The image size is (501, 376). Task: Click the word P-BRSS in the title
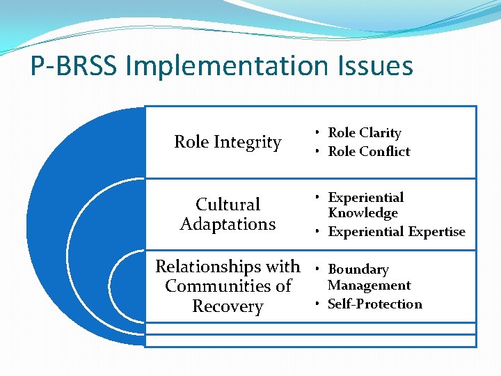click(x=73, y=67)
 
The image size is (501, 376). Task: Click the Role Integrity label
click(x=228, y=143)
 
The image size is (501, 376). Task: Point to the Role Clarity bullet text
click(x=365, y=132)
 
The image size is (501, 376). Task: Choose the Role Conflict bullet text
click(x=369, y=151)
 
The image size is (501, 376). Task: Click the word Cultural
click(x=228, y=205)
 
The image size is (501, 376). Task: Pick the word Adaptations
click(x=228, y=224)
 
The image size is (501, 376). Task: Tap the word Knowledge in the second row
click(x=363, y=213)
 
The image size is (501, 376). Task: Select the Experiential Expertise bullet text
click(x=397, y=232)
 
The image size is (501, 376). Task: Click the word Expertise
click(x=434, y=232)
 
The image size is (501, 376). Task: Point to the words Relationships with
click(x=228, y=267)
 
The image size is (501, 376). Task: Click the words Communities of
click(x=228, y=286)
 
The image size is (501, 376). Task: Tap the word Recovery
click(x=228, y=307)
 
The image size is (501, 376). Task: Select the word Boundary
click(x=358, y=269)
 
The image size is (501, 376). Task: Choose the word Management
click(x=369, y=285)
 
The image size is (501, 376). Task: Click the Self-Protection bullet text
click(x=375, y=304)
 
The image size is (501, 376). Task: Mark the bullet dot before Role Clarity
click(x=317, y=132)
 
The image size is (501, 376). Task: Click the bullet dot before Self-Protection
click(x=317, y=304)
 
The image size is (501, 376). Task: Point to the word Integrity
click(x=248, y=143)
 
